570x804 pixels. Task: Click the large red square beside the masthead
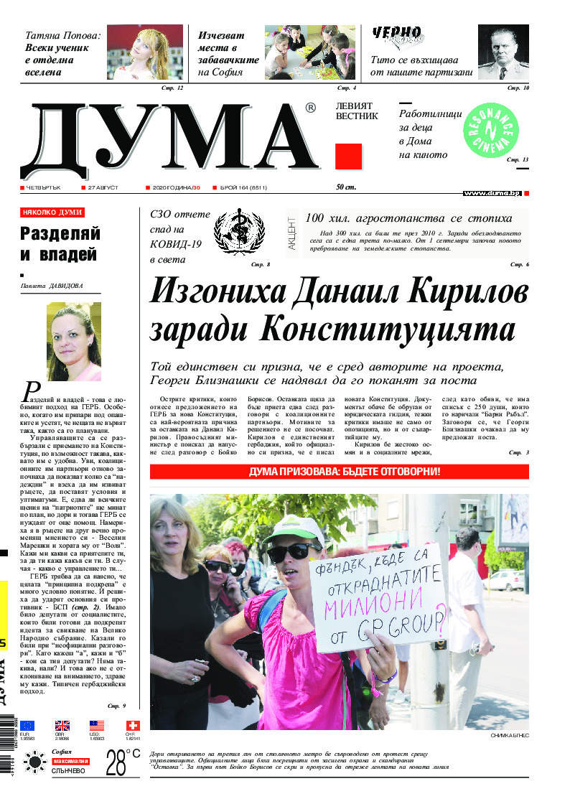click(x=348, y=156)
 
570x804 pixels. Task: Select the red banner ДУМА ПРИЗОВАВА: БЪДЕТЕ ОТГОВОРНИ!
click(x=339, y=472)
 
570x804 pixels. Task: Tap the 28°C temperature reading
click(x=122, y=761)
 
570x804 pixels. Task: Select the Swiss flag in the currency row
click(x=133, y=725)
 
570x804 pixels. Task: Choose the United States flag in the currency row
click(x=97, y=725)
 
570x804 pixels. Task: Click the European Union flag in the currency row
click(x=27, y=725)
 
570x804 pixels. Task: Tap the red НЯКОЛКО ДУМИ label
click(x=52, y=212)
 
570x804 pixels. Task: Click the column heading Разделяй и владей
click(x=60, y=243)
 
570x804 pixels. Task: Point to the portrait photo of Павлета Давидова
click(x=74, y=341)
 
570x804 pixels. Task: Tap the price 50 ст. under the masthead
click(x=346, y=188)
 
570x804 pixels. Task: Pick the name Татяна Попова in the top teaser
click(x=63, y=34)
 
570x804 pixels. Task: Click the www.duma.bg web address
click(x=492, y=193)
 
